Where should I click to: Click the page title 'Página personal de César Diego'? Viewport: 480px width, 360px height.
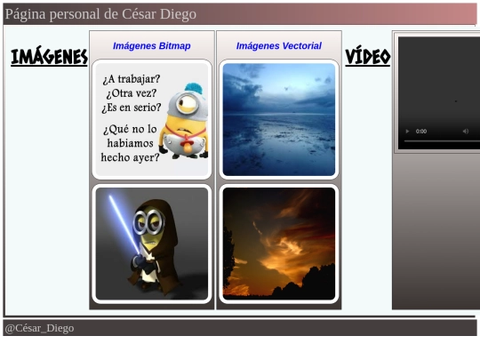point(100,14)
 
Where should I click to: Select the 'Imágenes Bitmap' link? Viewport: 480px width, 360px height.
point(151,46)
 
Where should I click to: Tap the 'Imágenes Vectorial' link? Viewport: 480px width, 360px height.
point(279,46)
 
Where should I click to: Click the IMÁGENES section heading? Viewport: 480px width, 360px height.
point(49,56)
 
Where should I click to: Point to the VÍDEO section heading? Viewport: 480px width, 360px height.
point(368,57)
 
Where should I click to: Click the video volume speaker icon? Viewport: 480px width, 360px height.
point(465,132)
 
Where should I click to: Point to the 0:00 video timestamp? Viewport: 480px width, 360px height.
point(421,132)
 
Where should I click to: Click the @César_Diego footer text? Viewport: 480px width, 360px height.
point(39,328)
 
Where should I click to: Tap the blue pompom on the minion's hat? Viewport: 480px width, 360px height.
point(194,88)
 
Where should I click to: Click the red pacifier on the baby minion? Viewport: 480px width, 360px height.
point(187,144)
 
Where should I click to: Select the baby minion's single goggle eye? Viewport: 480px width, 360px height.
point(187,103)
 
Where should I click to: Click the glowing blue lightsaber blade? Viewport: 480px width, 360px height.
point(124,224)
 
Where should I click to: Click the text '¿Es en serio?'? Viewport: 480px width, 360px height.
point(132,108)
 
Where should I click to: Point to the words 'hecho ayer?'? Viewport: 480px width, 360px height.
point(130,157)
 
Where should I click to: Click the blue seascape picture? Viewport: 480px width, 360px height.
point(279,119)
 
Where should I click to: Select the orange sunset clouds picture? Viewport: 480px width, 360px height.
point(279,244)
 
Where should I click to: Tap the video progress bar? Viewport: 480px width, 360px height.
point(442,141)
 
